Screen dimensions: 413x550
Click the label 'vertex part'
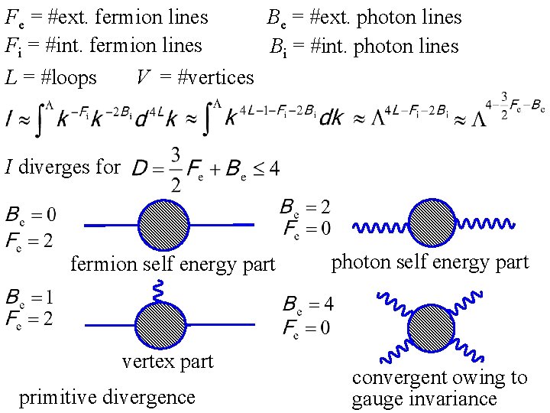pos(167,361)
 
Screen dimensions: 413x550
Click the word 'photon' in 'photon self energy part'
pos(361,262)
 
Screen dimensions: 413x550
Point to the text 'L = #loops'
pos(51,78)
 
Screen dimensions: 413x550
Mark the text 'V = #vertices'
pos(195,78)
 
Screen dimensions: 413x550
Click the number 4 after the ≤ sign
pos(274,167)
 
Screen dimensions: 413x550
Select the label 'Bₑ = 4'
pos(308,305)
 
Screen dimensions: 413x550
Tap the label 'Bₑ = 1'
pos(30,297)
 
